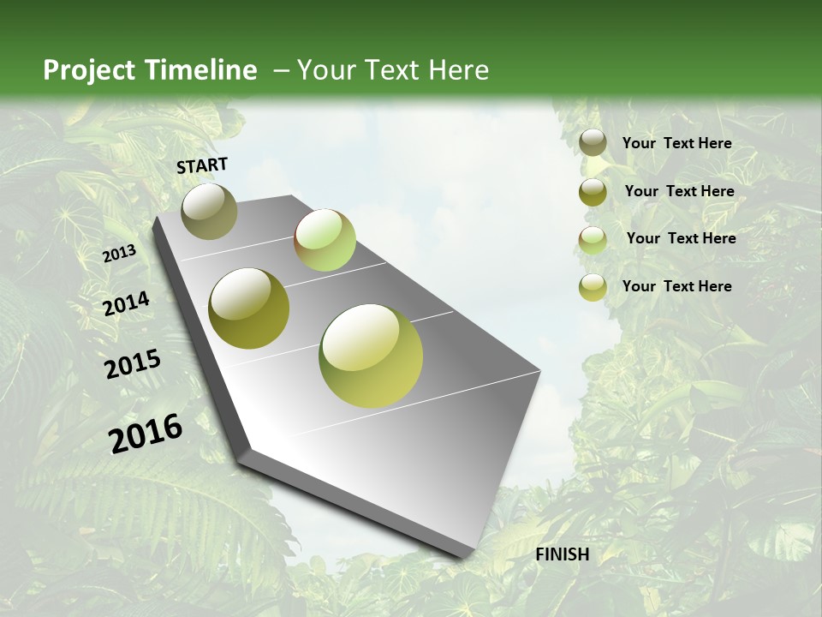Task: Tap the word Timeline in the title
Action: click(x=201, y=70)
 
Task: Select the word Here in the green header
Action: click(x=458, y=70)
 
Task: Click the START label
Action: click(x=202, y=165)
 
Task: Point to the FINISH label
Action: click(x=563, y=554)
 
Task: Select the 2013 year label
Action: click(x=119, y=254)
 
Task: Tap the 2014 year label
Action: click(x=126, y=304)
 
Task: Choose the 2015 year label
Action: click(x=133, y=364)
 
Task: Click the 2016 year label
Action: click(x=146, y=434)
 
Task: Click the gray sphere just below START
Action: click(x=209, y=212)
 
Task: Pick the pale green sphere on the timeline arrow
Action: click(x=325, y=240)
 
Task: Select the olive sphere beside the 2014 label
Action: click(x=249, y=308)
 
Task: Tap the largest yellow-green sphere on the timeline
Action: click(x=371, y=356)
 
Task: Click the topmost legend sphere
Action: click(x=593, y=144)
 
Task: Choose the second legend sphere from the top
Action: click(x=593, y=192)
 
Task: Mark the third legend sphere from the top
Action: click(x=593, y=240)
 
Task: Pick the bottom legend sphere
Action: click(x=593, y=287)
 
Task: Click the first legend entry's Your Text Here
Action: click(x=676, y=144)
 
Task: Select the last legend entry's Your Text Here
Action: click(x=676, y=286)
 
